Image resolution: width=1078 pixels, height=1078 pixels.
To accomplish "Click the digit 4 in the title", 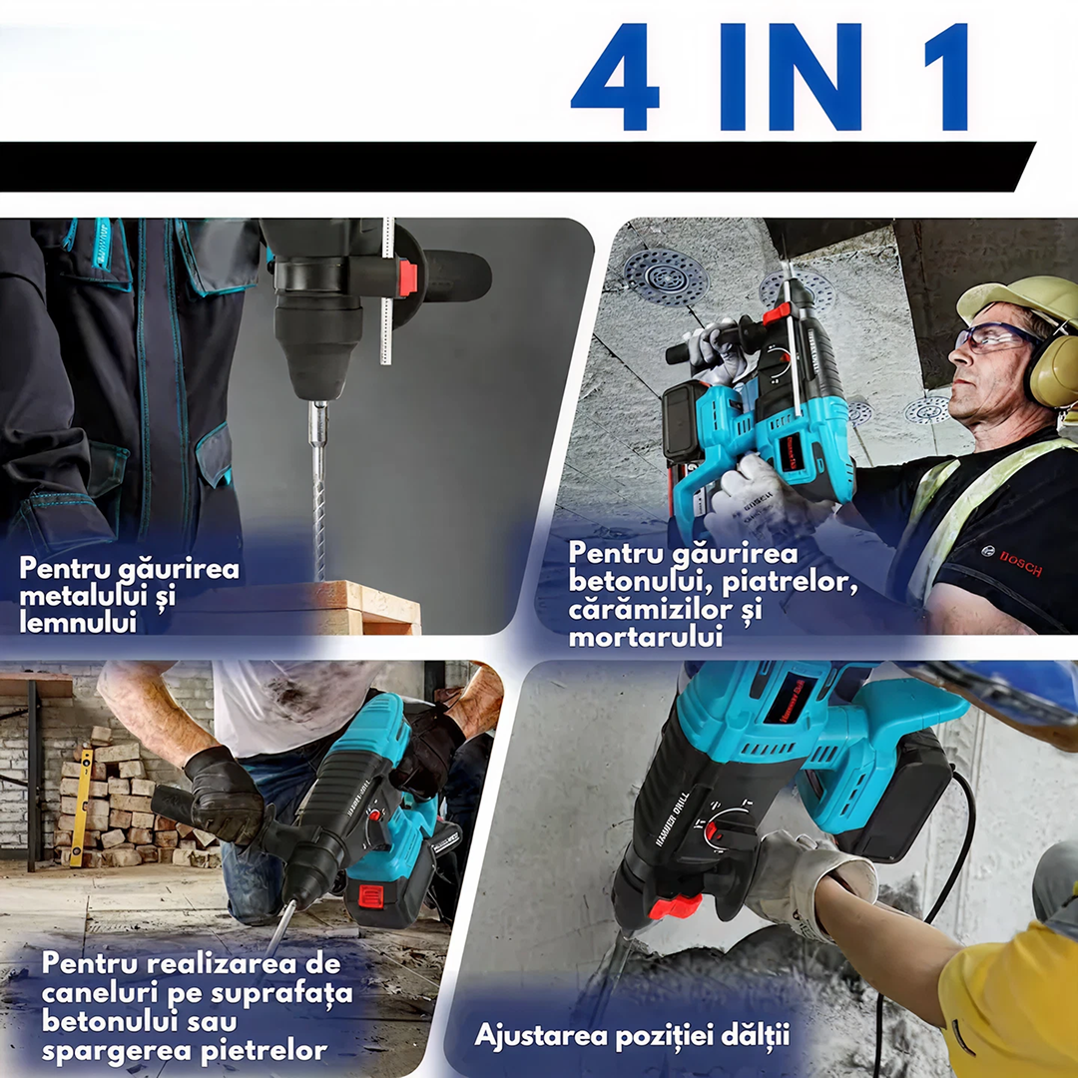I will (x=615, y=77).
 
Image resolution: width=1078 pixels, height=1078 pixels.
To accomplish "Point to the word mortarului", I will (x=645, y=636).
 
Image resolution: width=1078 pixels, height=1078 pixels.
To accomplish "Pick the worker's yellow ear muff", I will (x=1052, y=369).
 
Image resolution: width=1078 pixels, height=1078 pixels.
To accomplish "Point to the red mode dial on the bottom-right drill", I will (x=715, y=830).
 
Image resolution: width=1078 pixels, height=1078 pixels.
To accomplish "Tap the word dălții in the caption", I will (x=755, y=1034).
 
